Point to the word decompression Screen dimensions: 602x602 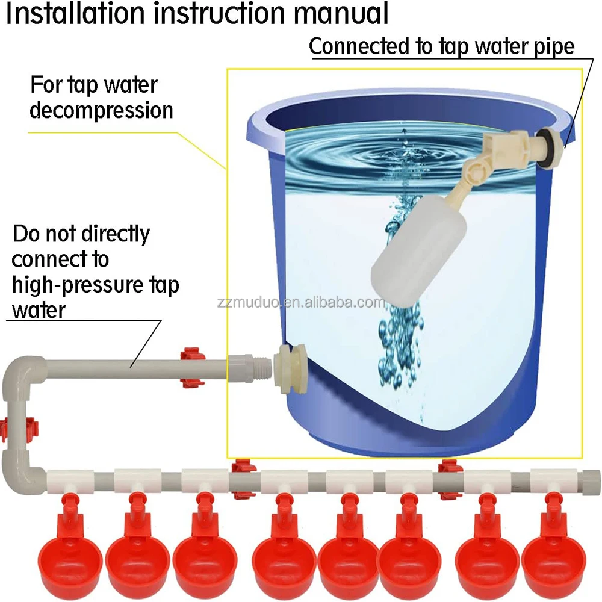click(x=101, y=111)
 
